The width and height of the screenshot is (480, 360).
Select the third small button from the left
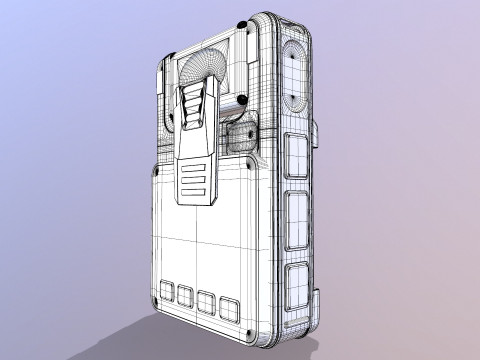coord(207,301)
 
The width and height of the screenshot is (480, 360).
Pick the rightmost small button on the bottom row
coord(229,306)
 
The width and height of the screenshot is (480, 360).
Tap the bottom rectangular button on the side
coord(297,286)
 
